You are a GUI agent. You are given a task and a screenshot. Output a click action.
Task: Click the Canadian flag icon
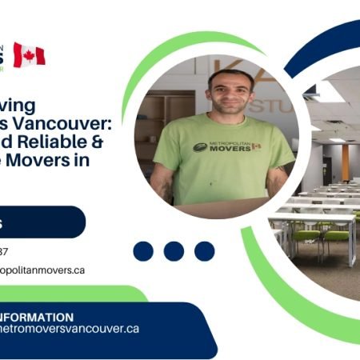click(x=29, y=55)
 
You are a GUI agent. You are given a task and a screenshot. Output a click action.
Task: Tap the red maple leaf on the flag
click(x=29, y=55)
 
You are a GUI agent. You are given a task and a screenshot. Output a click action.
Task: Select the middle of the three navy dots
click(x=174, y=251)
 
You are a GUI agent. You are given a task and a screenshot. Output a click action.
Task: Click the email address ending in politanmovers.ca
click(x=44, y=270)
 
